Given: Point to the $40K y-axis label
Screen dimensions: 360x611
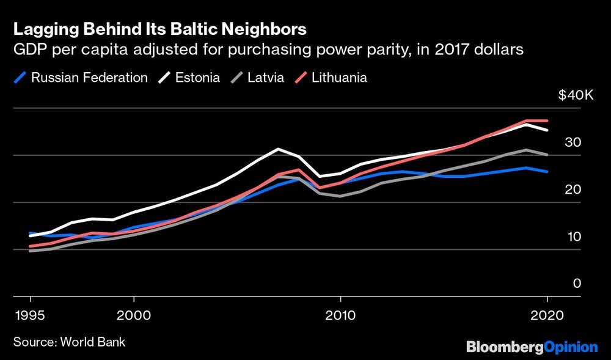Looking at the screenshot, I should [x=576, y=96].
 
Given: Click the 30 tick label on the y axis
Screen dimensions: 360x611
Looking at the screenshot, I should [x=573, y=142].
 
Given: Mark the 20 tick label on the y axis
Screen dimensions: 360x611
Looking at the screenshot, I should [x=573, y=189].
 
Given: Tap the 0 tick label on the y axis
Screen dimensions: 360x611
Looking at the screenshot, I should [x=576, y=284].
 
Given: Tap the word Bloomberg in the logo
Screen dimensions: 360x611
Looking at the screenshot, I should [x=504, y=347].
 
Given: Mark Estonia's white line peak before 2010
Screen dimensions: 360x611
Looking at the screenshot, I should [x=278, y=149].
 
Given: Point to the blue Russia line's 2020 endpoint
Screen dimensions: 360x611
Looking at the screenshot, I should [x=547, y=172].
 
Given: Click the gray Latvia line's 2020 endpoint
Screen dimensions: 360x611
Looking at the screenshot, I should [x=547, y=155].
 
